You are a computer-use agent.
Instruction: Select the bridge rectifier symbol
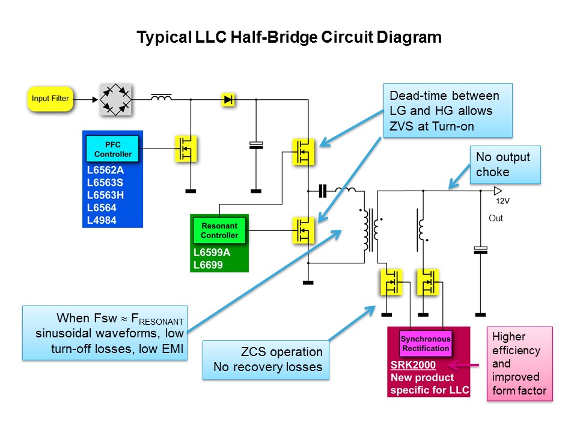pos(115,99)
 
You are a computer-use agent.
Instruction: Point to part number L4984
pos(102,220)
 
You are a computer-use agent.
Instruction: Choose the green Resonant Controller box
pos(219,230)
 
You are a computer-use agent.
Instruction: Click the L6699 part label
pos(208,264)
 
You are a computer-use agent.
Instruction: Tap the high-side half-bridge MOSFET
pos(304,152)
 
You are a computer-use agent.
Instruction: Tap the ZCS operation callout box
pos(266,360)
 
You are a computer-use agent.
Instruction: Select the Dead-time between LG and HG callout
pos(447,111)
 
